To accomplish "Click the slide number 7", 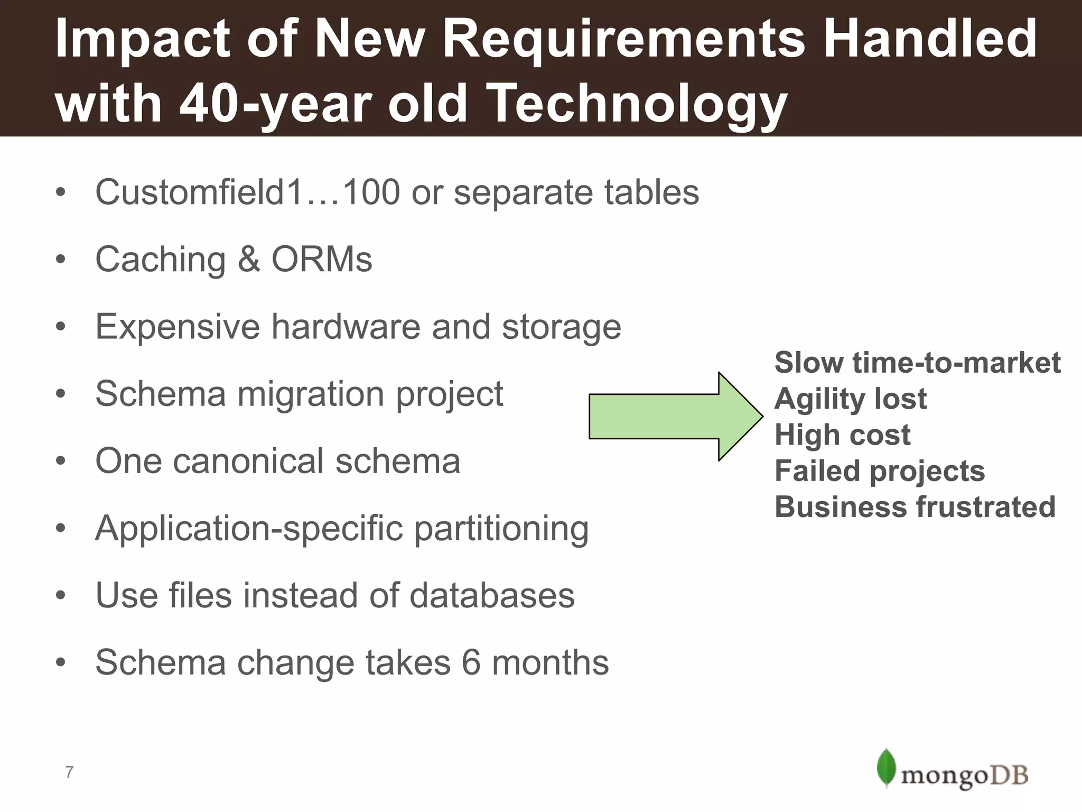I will click(x=69, y=772).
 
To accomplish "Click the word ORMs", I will click(x=322, y=259).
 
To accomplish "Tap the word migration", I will click(x=311, y=394).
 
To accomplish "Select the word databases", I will click(x=491, y=595).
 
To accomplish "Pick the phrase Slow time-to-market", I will click(x=917, y=363).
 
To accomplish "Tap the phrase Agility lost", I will click(x=850, y=399).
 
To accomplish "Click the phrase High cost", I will click(x=842, y=435).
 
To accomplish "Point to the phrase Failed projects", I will click(x=879, y=470).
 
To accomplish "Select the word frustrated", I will click(x=985, y=506).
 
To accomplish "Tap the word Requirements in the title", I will click(x=623, y=38).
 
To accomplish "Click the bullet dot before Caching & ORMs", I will click(x=61, y=260).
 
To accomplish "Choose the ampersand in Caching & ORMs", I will click(x=248, y=259).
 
